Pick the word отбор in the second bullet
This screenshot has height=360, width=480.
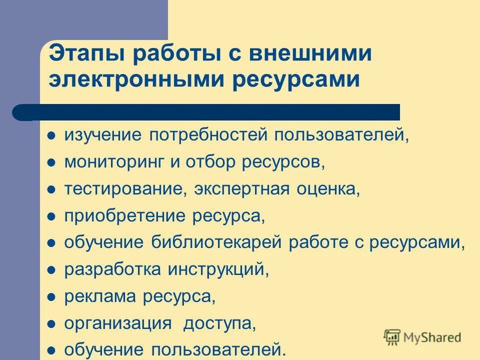coord(204,162)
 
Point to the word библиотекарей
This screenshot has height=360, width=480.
coord(217,243)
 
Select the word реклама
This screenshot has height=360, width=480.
coord(100,297)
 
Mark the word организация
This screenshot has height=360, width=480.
coord(118,324)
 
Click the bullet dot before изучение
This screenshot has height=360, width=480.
coord(51,136)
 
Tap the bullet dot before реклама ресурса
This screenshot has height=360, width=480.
coord(51,298)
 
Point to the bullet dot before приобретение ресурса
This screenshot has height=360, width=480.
coord(51,217)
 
